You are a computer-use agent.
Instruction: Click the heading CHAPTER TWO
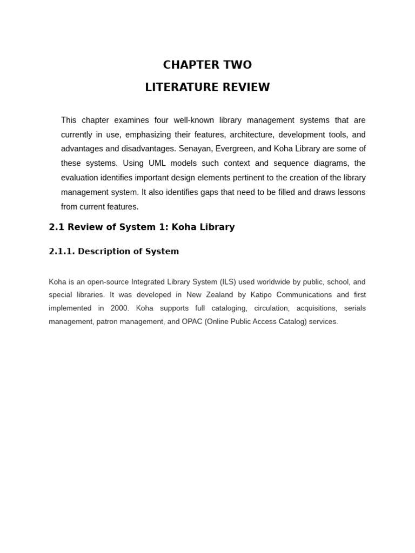pos(207,65)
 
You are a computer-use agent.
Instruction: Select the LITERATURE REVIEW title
pos(207,87)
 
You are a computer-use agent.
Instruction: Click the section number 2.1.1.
pos(62,252)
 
